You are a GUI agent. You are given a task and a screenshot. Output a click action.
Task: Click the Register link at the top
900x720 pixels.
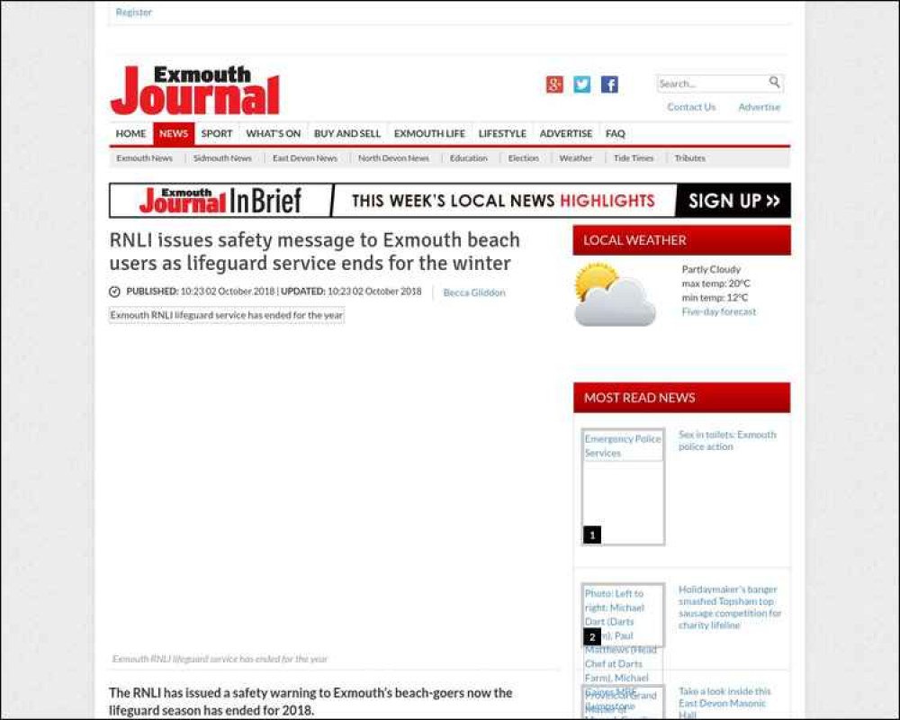coord(133,13)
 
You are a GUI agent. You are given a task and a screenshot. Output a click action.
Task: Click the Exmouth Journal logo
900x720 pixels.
coord(195,91)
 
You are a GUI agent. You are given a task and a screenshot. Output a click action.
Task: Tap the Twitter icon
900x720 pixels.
coord(582,85)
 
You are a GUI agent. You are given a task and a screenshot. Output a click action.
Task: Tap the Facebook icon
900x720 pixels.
coord(609,85)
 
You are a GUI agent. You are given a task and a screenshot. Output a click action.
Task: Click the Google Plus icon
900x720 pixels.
coord(554,85)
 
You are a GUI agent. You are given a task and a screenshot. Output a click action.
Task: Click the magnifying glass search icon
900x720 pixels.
coord(774,83)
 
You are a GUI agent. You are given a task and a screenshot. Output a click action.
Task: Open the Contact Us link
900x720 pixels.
coord(691,107)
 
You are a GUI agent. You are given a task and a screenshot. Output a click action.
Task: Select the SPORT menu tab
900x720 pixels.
coord(216,134)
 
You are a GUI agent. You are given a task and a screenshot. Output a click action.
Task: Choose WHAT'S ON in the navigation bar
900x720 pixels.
coord(274,134)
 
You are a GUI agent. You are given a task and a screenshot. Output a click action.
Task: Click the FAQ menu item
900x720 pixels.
coord(616,134)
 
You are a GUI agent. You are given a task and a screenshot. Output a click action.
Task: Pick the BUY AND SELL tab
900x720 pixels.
coord(347,134)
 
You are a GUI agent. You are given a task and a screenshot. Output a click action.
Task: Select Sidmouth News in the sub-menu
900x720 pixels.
coord(222,158)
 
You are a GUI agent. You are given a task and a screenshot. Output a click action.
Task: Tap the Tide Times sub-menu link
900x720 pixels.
coord(634,158)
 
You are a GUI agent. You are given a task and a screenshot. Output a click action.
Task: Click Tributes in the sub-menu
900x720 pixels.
coord(690,158)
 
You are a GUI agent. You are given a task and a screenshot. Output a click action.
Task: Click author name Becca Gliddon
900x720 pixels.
coord(474,292)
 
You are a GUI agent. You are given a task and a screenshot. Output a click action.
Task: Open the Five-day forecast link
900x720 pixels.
coord(719,312)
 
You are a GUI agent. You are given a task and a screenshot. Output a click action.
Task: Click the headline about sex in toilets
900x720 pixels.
coord(727,441)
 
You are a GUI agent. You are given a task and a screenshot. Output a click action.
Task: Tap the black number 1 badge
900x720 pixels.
coord(592,535)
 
